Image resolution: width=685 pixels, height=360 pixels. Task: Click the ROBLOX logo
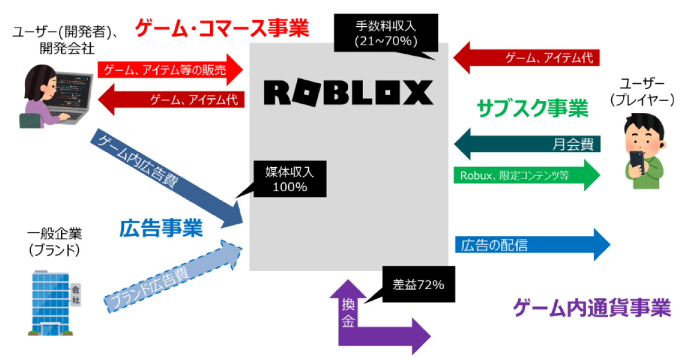click(x=348, y=93)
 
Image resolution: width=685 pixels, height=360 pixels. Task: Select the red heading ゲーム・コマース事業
click(x=222, y=27)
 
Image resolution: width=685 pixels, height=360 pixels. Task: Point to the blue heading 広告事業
click(x=161, y=229)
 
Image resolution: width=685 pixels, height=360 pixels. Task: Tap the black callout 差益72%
click(x=418, y=284)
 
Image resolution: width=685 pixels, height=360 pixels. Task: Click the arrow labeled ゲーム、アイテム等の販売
click(x=170, y=70)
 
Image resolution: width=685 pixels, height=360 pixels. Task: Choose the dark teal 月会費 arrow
click(x=528, y=145)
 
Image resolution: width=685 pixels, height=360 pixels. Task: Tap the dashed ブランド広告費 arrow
click(x=171, y=274)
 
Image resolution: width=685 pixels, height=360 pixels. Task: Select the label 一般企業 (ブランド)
click(x=54, y=242)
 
